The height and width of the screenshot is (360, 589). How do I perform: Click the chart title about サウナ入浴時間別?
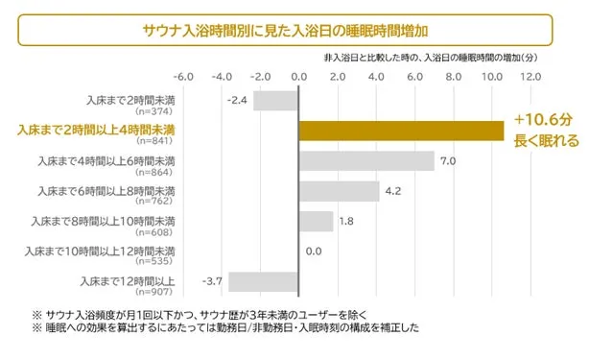click(283, 29)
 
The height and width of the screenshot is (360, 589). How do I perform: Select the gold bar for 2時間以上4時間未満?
click(401, 130)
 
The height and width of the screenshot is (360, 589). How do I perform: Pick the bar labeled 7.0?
click(366, 160)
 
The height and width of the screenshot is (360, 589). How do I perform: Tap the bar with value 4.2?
click(339, 191)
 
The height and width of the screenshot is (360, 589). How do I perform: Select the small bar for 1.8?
click(316, 222)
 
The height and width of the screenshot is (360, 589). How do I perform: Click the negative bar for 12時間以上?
click(263, 282)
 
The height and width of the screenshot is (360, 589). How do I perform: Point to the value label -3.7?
click(212, 281)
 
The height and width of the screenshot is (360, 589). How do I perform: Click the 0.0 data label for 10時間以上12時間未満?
click(314, 252)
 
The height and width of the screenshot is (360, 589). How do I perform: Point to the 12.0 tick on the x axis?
click(530, 76)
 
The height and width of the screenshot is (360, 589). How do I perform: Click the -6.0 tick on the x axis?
click(183, 76)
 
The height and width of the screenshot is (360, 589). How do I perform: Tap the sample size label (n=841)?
click(157, 140)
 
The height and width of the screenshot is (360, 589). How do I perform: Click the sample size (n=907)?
click(157, 291)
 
